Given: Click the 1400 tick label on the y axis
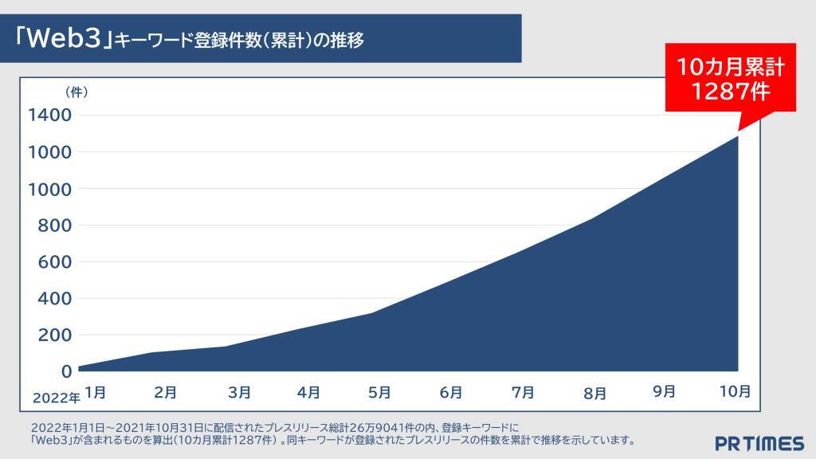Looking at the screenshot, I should [x=49, y=115].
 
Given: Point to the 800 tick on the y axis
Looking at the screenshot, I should [x=55, y=226].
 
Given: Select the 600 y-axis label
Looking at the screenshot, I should [x=55, y=262].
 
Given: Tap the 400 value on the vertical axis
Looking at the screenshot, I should [x=55, y=299].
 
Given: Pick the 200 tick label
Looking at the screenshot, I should [x=55, y=335].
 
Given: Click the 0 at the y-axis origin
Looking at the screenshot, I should [x=66, y=371].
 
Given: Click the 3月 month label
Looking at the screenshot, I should [x=239, y=392].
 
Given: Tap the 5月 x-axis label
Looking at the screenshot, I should [x=379, y=392].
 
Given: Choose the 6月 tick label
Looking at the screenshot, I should [x=451, y=392].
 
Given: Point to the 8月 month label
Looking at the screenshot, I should [x=594, y=393].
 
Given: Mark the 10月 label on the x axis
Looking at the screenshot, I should [x=735, y=391].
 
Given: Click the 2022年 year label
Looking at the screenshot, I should [x=56, y=397].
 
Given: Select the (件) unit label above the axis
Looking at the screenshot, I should [x=76, y=92].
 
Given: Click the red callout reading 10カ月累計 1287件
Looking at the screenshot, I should [x=731, y=79].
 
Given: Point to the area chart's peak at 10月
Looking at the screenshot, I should [x=737, y=136].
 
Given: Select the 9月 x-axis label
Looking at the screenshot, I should [x=664, y=391].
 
